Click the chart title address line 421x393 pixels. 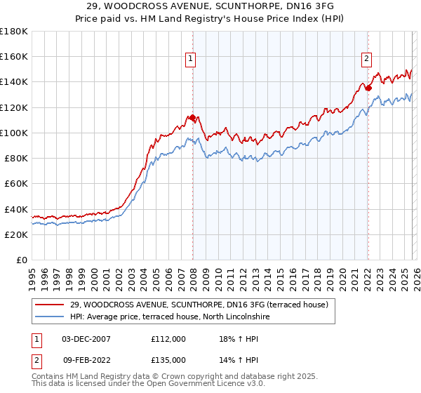(x=210, y=6)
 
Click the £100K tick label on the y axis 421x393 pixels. (x=14, y=133)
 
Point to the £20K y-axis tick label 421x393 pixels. (x=16, y=235)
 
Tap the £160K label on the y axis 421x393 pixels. (x=14, y=56)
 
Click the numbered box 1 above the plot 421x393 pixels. (x=191, y=60)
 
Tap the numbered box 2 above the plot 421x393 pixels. (x=366, y=60)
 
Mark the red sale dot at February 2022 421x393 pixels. (x=368, y=88)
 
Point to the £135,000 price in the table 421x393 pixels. (x=168, y=359)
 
